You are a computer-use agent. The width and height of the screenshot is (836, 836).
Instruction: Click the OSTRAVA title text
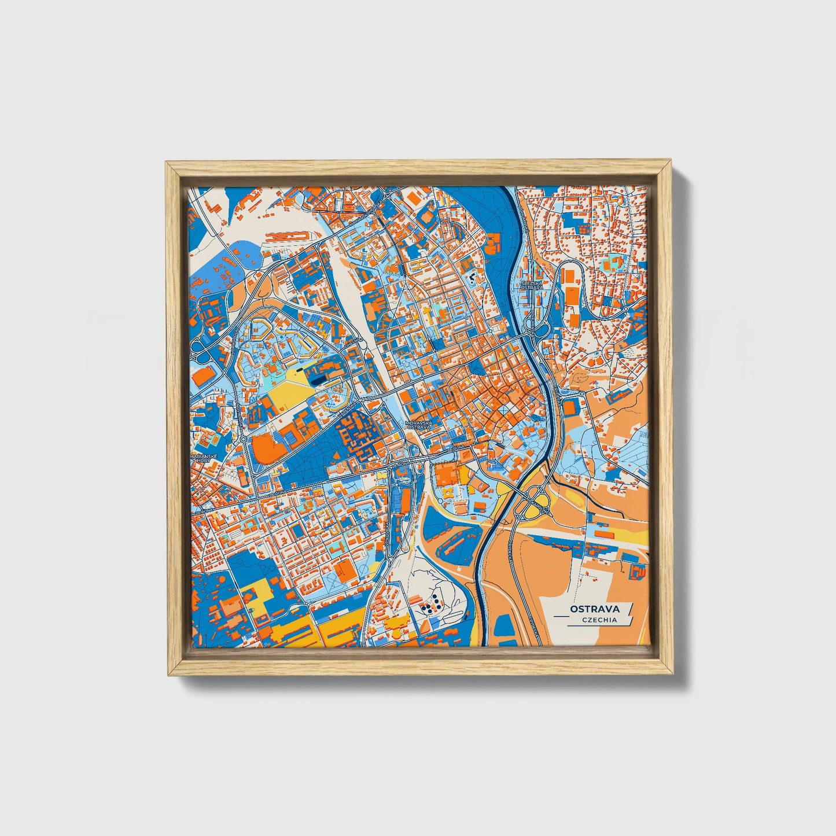click(594, 609)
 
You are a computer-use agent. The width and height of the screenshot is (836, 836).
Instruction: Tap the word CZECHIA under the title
click(601, 620)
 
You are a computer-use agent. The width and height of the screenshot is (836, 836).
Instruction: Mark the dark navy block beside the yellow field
click(318, 379)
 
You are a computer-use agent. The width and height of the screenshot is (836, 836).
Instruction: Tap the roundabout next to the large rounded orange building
click(243, 439)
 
